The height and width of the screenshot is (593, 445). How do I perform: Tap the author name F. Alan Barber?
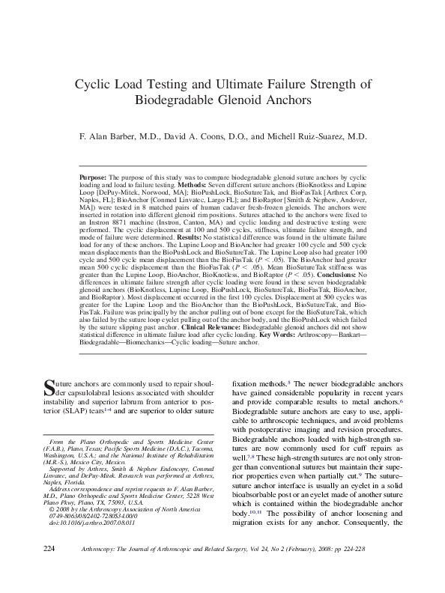(115, 138)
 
